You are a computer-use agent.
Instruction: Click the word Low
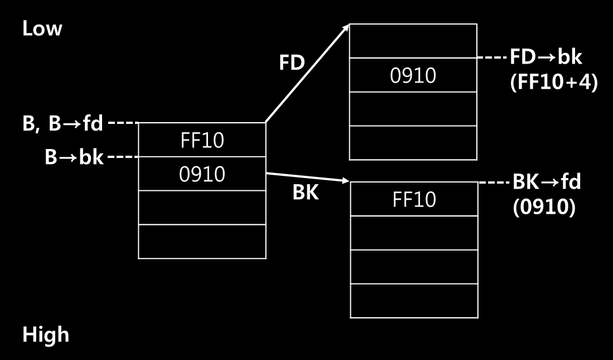42,29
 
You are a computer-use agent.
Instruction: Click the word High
46,335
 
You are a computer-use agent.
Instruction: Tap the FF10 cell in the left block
202,140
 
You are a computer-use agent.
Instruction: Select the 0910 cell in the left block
202,174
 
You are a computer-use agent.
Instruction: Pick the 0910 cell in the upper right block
413,75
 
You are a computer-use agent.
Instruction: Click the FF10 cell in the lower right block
414,199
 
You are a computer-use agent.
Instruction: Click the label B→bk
74,157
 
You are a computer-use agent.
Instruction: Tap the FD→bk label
546,57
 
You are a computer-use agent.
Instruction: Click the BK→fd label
547,182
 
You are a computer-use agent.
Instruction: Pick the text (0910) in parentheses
544,207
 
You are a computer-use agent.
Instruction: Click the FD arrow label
292,63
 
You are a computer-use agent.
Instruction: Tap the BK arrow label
306,193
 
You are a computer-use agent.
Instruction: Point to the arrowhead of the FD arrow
345,28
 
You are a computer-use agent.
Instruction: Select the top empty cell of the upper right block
413,41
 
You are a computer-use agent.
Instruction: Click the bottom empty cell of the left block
202,242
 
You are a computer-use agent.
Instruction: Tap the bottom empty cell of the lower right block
414,301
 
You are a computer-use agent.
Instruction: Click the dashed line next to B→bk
122,157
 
